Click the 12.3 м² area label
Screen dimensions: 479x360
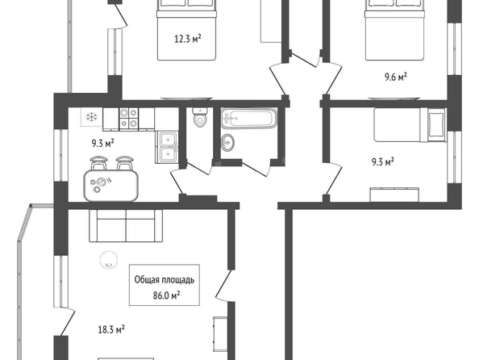188,39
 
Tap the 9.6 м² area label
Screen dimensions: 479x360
396,77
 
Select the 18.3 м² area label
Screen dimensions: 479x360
111,329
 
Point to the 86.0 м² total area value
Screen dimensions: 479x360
166,295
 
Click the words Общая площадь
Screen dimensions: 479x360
165,280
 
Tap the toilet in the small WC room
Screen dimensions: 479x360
200,117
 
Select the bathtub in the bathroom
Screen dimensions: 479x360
249,118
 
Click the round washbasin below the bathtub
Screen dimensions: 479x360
227,142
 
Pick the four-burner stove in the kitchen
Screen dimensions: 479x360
128,118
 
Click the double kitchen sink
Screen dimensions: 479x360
167,147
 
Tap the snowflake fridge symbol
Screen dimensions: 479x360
91,116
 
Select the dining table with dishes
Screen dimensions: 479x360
111,186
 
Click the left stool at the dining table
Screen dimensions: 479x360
98,163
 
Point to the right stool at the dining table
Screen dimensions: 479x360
125,163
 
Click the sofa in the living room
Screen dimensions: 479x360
126,226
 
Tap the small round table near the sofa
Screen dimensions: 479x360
108,259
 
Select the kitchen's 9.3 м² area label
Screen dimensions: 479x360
103,143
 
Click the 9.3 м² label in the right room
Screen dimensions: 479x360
382,161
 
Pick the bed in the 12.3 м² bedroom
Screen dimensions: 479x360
187,30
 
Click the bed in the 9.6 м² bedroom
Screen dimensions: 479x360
395,30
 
